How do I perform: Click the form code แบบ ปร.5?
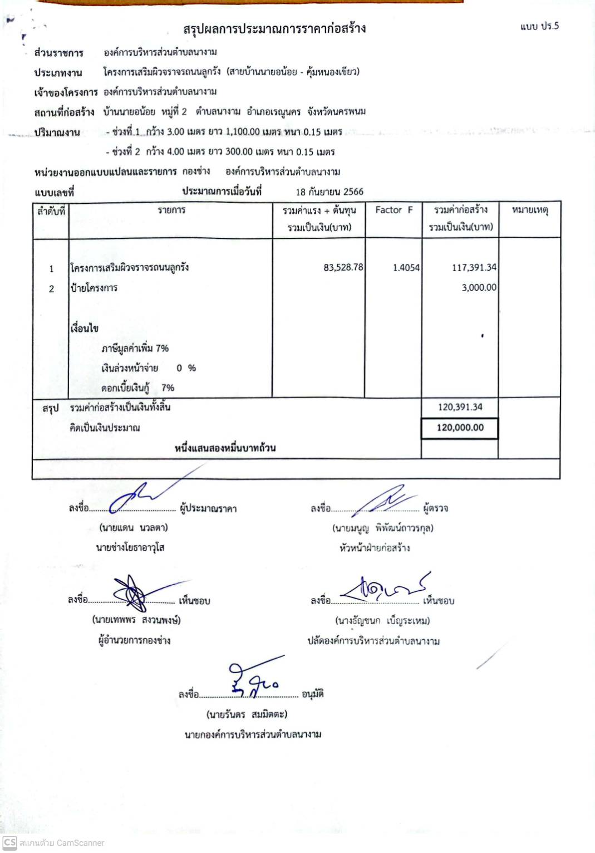pyautogui.click(x=539, y=26)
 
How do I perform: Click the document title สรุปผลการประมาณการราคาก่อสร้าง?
pyautogui.click(x=274, y=28)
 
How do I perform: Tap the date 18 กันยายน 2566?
pyautogui.click(x=330, y=192)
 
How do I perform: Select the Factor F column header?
pyautogui.click(x=394, y=210)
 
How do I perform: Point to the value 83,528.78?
pyautogui.click(x=343, y=267)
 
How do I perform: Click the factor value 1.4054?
pyautogui.click(x=406, y=267)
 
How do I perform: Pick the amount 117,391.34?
pyautogui.click(x=474, y=267)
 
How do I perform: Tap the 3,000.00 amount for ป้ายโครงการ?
pyautogui.click(x=479, y=287)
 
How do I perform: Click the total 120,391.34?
pyautogui.click(x=460, y=407)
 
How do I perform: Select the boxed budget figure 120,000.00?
pyautogui.click(x=460, y=428)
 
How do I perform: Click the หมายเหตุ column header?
pyautogui.click(x=529, y=210)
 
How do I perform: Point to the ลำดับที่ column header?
pyautogui.click(x=51, y=211)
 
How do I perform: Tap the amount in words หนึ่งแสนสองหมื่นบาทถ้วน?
pyautogui.click(x=225, y=448)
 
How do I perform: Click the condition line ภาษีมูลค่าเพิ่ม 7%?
pyautogui.click(x=135, y=348)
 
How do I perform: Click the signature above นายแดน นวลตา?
pyautogui.click(x=139, y=495)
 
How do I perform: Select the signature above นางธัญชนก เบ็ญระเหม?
pyautogui.click(x=384, y=588)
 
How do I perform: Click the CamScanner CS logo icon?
pyautogui.click(x=9, y=842)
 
